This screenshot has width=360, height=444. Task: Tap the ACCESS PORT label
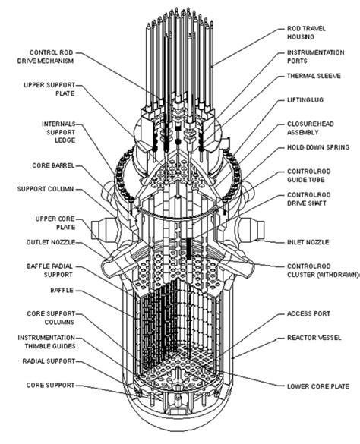305,313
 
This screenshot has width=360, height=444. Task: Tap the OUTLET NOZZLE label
51,242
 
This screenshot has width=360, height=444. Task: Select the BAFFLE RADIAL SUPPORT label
50,268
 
